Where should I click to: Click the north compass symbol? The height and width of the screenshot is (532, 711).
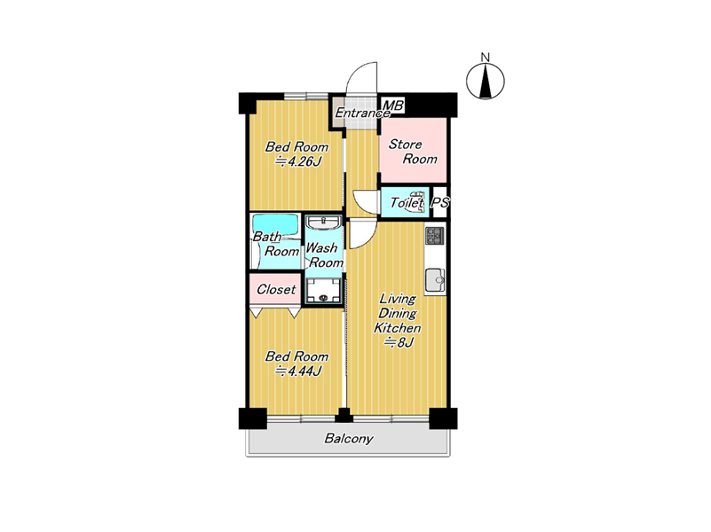tap(486, 82)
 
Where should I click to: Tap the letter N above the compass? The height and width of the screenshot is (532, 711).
tap(486, 58)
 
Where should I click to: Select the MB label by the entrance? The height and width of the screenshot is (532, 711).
tap(393, 106)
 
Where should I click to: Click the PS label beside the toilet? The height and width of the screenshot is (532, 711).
tap(439, 202)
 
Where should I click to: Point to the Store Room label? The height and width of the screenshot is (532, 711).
tap(413, 152)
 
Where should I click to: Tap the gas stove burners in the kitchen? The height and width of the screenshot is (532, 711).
tap(435, 236)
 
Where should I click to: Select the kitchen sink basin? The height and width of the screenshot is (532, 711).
tap(435, 280)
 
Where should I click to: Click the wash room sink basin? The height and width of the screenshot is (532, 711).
tap(323, 223)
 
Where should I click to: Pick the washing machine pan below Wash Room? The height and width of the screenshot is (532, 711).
tap(323, 291)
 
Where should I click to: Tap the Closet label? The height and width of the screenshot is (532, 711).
tap(276, 289)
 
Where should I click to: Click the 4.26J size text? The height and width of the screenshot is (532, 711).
tap(298, 161)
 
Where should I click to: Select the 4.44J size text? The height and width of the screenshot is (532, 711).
tap(298, 372)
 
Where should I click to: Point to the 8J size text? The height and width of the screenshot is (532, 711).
tap(399, 343)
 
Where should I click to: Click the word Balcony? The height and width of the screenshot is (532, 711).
tap(349, 438)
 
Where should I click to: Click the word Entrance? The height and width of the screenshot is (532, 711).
tap(362, 113)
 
